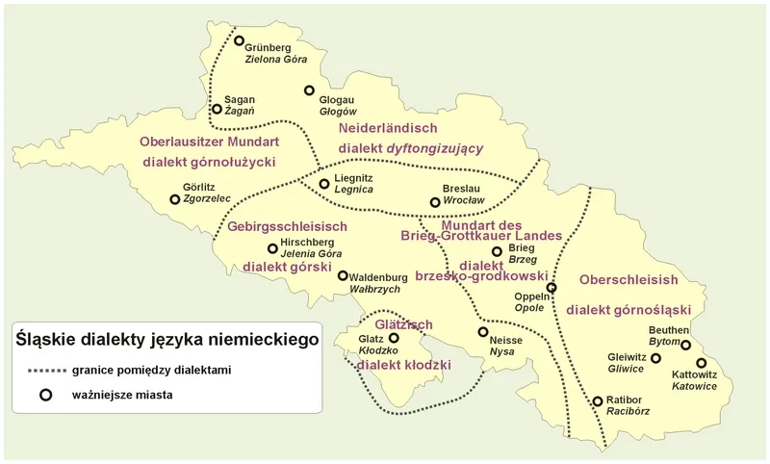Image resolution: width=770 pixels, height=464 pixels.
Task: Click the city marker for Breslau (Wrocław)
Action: pyautogui.click(x=436, y=202)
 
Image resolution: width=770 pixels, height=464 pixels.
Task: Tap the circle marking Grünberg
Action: pyautogui.click(x=240, y=40)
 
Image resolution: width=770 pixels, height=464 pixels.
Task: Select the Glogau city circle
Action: pyautogui.click(x=309, y=90)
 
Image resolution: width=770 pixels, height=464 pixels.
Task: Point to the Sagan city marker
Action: pyautogui.click(x=218, y=110)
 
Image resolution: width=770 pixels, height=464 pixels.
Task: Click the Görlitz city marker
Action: pyautogui.click(x=174, y=199)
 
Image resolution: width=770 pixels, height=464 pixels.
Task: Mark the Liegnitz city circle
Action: pyautogui.click(x=324, y=183)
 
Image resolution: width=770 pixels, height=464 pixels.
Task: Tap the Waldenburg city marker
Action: pyautogui.click(x=343, y=275)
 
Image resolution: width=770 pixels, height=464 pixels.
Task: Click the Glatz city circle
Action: pyautogui.click(x=394, y=338)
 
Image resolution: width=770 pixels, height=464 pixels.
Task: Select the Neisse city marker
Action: pyautogui.click(x=483, y=331)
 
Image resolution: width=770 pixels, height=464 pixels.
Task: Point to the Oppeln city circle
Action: pyautogui.click(x=552, y=288)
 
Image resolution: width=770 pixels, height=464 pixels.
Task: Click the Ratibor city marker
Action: pyautogui.click(x=598, y=400)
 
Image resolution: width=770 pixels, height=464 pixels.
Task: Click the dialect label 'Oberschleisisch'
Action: pyautogui.click(x=629, y=280)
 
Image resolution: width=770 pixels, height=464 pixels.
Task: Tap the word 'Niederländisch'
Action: pyautogui.click(x=388, y=127)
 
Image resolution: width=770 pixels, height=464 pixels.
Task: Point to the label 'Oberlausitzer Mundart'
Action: pyautogui.click(x=208, y=142)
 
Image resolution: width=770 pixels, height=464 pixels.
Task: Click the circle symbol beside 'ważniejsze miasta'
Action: pyautogui.click(x=43, y=394)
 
